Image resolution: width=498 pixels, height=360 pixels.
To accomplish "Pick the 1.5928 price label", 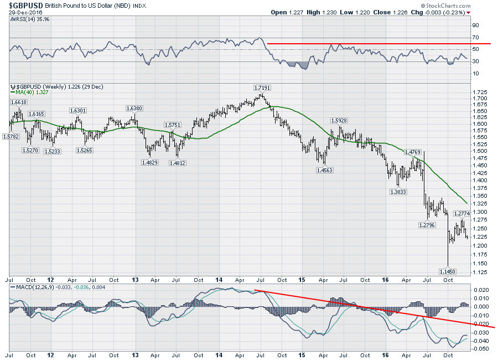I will tap(340, 120).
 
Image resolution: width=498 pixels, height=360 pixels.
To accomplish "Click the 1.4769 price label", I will tap(414, 152).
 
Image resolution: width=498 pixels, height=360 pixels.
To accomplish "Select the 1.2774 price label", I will tap(463, 213).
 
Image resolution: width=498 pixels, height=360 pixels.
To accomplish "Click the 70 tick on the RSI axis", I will tap(475, 37).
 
